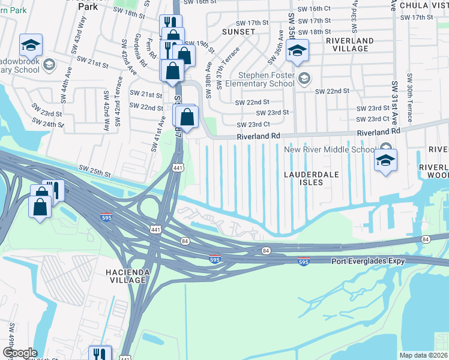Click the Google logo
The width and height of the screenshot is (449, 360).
(x=20, y=353)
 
